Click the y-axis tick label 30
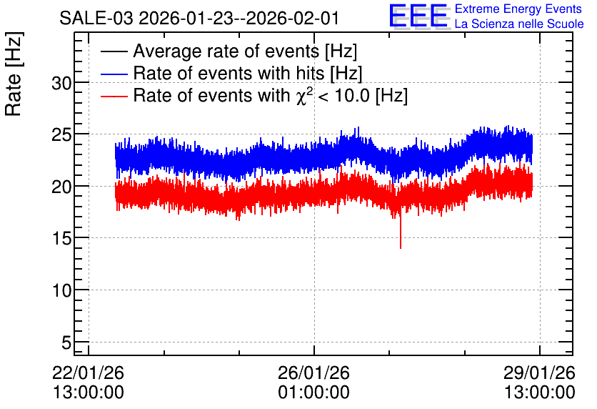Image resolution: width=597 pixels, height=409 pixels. click(x=61, y=83)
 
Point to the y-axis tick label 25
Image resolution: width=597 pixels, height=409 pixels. click(x=61, y=135)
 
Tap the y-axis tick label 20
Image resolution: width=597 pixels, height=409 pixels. click(x=61, y=187)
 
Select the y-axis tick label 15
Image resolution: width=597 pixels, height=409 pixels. click(x=61, y=239)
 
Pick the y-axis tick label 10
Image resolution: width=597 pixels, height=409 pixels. click(x=61, y=291)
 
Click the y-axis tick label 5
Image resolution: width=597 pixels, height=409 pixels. click(x=66, y=343)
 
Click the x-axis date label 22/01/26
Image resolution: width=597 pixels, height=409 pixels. click(x=88, y=373)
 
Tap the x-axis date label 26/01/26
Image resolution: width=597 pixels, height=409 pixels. click(x=313, y=373)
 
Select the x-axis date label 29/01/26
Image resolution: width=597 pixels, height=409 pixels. click(x=539, y=373)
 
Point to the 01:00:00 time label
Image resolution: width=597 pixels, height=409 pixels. click(x=313, y=393)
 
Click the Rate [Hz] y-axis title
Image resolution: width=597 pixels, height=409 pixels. click(x=14, y=74)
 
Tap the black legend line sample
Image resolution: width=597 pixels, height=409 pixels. click(x=114, y=51)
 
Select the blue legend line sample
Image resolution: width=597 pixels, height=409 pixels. click(x=114, y=74)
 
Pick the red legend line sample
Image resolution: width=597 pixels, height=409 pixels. click(x=114, y=96)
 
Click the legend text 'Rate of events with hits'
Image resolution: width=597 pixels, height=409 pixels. click(x=229, y=73)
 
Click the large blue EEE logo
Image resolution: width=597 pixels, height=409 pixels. click(x=418, y=16)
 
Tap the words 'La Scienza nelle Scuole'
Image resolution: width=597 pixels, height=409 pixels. click(x=519, y=24)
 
